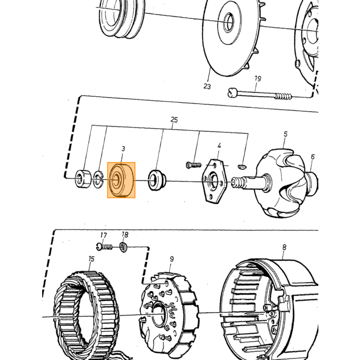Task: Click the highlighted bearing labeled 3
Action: point(121,180)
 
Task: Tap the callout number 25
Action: point(174,120)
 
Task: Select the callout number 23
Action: point(207,86)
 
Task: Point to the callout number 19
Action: point(258,79)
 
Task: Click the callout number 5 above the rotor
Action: point(285,134)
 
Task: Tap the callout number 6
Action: point(313,156)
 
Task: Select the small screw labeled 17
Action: point(104,247)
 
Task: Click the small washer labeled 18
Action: point(123,247)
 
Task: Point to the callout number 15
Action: point(92,259)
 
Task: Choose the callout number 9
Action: point(172,259)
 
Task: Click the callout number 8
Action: point(284,247)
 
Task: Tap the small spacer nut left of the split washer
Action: point(83,179)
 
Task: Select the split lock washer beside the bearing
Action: point(98,179)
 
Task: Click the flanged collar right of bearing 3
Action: point(156,180)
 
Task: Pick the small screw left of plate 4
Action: point(193,165)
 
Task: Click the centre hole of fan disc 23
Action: point(228,22)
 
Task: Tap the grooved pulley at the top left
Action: point(121,19)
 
